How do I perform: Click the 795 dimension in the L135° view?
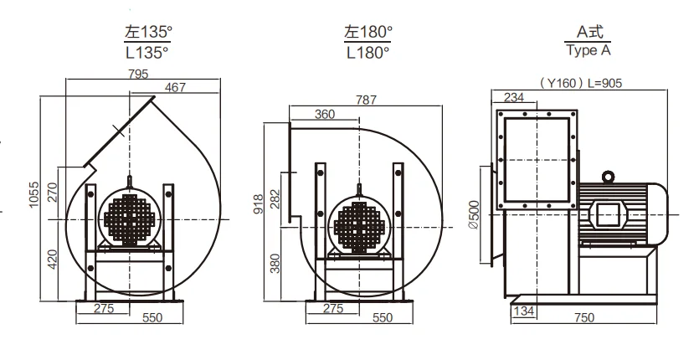[x=138, y=74]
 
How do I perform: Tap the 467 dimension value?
[x=175, y=87]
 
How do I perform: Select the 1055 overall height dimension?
[x=34, y=194]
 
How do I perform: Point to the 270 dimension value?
[x=53, y=193]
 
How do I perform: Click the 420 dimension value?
[x=53, y=260]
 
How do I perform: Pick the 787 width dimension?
[x=366, y=100]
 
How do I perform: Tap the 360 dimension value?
[x=325, y=114]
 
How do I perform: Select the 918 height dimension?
[x=259, y=204]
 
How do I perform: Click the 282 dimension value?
[x=275, y=199]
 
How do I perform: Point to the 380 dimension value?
[x=275, y=263]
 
